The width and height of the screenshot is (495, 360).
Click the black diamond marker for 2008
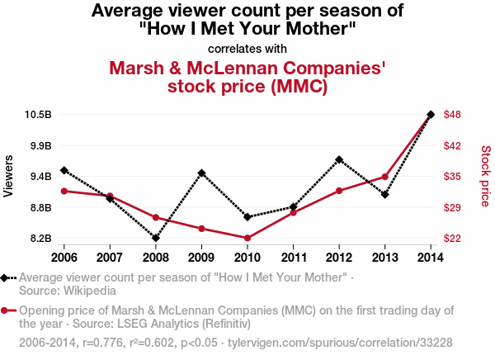pos(156,238)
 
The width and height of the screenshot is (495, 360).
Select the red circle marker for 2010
pos(247,238)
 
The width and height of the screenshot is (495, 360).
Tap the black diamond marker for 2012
pos(339,159)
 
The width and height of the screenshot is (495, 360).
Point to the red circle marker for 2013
pos(385,177)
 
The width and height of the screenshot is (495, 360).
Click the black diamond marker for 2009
pos(201,173)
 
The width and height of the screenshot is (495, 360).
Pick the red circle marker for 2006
pos(64,191)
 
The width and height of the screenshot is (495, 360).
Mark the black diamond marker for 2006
pos(64,170)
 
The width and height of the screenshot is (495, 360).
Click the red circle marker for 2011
pos(294,212)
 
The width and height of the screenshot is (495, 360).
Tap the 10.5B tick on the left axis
pos(38,114)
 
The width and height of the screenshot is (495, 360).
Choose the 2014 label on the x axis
pos(431,256)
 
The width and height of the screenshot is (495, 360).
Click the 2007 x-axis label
pos(110,256)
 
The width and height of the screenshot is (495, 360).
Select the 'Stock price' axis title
pos(485,176)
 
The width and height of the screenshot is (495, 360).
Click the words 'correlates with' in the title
pos(247,47)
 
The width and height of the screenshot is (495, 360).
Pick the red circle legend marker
pos(6,310)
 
